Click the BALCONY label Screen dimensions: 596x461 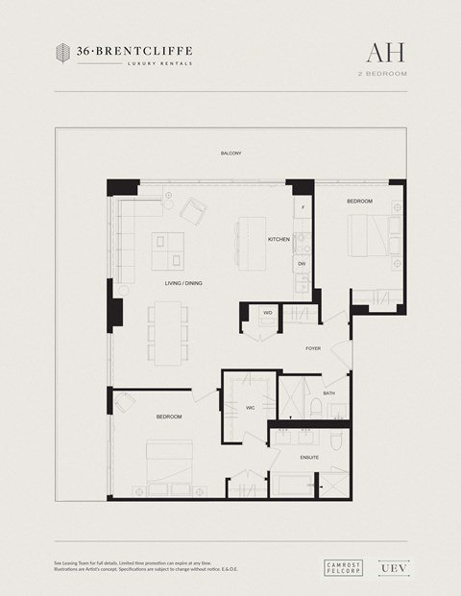click(230, 154)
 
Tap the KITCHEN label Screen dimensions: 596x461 click(279, 239)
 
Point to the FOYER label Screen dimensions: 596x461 click(313, 348)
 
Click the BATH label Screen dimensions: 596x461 click(328, 393)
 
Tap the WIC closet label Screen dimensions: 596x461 click(250, 408)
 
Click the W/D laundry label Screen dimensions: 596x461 click(268, 312)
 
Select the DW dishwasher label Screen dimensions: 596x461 click(302, 262)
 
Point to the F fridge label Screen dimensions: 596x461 click(303, 207)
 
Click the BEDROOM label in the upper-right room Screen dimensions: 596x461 click(359, 201)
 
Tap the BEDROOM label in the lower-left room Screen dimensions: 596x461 click(169, 417)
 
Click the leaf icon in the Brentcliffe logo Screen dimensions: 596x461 click(62, 53)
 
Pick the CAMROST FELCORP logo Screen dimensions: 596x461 click(343, 567)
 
